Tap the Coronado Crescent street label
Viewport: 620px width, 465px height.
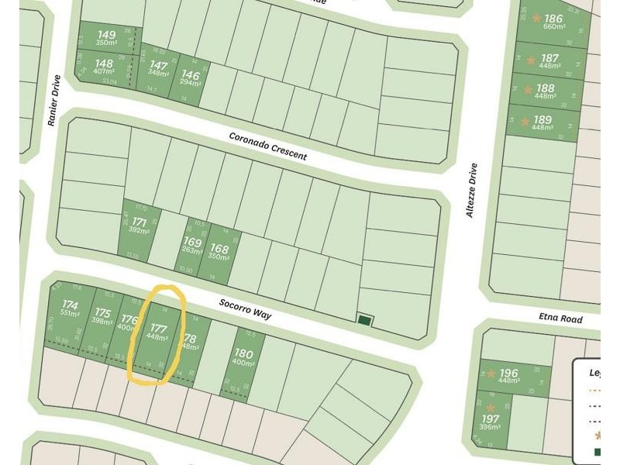tap(267, 146)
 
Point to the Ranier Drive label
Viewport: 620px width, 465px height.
tap(53, 102)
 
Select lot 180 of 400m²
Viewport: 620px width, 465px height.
tap(243, 358)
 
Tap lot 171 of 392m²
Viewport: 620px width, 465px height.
tap(139, 226)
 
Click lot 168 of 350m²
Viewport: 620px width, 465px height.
tap(220, 251)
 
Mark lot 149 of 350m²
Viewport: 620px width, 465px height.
tap(107, 38)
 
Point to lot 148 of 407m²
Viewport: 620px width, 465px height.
tap(104, 67)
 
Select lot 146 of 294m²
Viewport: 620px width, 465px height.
tap(191, 78)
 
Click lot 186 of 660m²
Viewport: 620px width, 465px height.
tap(552, 23)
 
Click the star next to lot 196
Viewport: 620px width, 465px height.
tap(491, 374)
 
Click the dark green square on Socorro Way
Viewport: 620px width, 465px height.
tap(363, 319)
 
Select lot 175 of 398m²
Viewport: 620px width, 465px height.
tap(102, 318)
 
